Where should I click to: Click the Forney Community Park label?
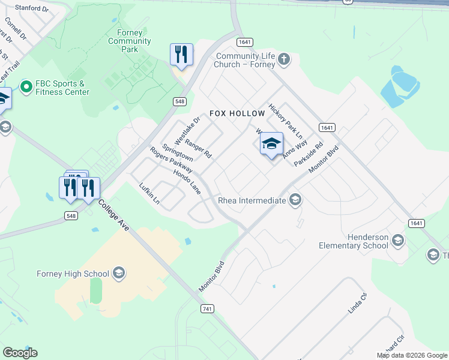tap(130, 41)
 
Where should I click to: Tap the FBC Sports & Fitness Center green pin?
tap(26, 88)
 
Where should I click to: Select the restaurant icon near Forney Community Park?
tap(181, 55)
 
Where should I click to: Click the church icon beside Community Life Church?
tap(284, 59)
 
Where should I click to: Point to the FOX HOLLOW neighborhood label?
tap(237, 113)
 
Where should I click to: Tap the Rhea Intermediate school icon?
tap(295, 199)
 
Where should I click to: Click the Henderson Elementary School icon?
tap(397, 241)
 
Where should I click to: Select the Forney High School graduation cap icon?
tap(118, 274)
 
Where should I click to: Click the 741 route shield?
tap(205, 308)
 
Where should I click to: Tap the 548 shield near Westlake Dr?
tap(179, 102)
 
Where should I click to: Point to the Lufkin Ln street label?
tap(149, 194)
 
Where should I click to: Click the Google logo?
tap(20, 353)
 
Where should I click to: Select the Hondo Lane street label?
tap(187, 181)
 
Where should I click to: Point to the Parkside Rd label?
tap(309, 154)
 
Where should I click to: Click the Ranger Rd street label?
tap(198, 148)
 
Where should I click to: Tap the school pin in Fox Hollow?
tap(271, 144)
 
